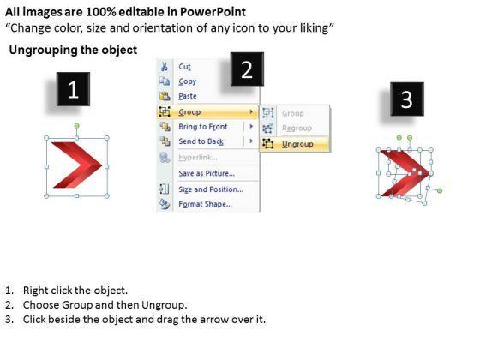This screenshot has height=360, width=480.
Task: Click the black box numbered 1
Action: click(x=73, y=89)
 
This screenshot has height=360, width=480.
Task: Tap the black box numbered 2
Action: click(x=247, y=69)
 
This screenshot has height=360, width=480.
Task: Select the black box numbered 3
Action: click(x=407, y=99)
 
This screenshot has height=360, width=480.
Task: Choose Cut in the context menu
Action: click(x=184, y=67)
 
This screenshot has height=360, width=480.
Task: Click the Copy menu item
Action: click(x=188, y=81)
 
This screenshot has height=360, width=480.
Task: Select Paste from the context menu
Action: click(x=188, y=96)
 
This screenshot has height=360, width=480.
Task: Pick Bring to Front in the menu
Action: click(x=203, y=127)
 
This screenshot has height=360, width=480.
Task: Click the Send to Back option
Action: click(x=201, y=141)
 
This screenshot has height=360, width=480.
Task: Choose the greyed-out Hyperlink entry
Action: click(x=198, y=158)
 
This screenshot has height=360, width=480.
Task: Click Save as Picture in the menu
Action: click(x=207, y=173)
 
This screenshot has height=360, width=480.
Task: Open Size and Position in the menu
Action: click(x=211, y=189)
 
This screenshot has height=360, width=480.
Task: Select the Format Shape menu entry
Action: click(x=205, y=204)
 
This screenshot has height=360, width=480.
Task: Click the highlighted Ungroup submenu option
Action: click(x=297, y=144)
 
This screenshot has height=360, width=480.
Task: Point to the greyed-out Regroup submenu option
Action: click(x=297, y=128)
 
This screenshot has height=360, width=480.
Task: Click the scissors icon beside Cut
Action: click(x=164, y=67)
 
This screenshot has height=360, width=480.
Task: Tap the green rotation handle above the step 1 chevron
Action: click(x=77, y=126)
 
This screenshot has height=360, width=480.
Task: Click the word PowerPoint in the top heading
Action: click(x=213, y=12)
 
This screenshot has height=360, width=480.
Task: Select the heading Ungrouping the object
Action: click(x=73, y=50)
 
